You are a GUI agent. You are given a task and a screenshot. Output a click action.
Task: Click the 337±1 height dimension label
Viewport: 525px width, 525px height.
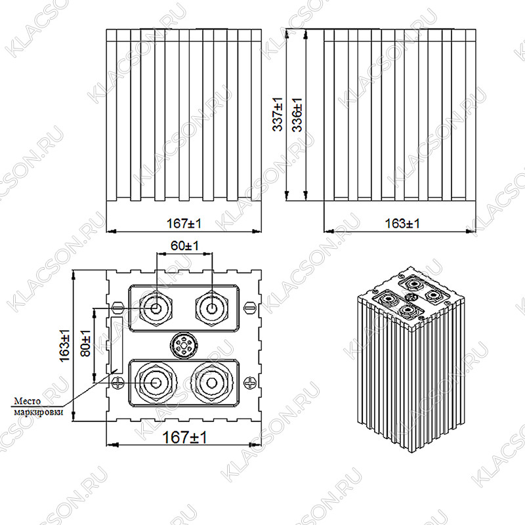[x=278, y=114]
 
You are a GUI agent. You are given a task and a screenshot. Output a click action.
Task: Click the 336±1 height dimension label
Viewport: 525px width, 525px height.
[x=297, y=114]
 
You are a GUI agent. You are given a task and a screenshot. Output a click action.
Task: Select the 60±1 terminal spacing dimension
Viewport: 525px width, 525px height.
[x=184, y=245]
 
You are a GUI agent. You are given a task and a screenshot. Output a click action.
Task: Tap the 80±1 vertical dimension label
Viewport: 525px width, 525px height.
[x=86, y=343]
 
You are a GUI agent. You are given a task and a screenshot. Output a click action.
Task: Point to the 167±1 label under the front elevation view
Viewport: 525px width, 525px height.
[x=184, y=223]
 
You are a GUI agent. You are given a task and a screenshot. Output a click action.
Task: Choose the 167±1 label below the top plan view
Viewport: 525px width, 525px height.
[x=184, y=437]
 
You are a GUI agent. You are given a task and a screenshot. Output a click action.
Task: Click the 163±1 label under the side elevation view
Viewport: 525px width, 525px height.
[x=402, y=223]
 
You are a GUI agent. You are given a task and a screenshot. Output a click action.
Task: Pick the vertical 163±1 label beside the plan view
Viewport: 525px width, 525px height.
[x=64, y=346]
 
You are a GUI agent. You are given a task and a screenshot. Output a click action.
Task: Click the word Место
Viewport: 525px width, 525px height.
[x=28, y=401]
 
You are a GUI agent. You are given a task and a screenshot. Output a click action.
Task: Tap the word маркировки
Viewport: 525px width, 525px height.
[x=39, y=411]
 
